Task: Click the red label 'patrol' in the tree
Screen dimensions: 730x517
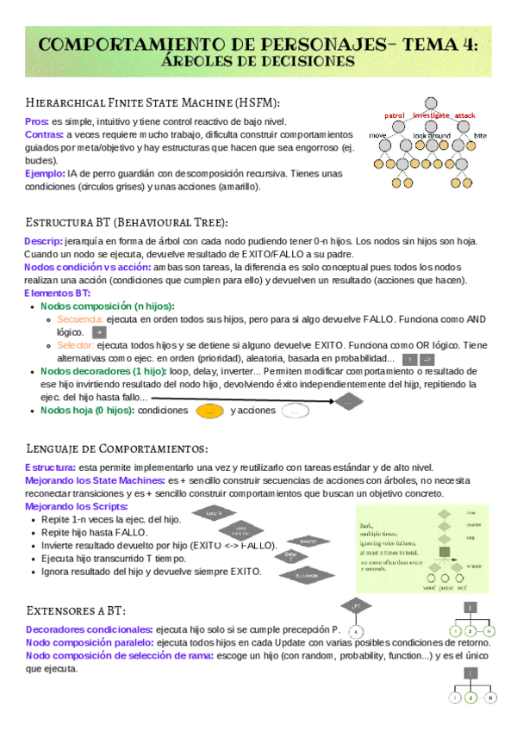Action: (x=394, y=115)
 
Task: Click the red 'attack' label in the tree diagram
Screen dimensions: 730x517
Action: (x=465, y=115)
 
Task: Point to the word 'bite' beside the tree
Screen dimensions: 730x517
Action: (x=480, y=136)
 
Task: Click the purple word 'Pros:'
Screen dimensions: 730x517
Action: (x=37, y=122)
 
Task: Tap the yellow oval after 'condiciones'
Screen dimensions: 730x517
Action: (x=209, y=411)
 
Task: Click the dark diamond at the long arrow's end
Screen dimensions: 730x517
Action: (x=348, y=401)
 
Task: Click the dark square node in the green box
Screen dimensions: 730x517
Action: (x=445, y=551)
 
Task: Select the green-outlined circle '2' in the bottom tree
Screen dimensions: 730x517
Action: (x=470, y=698)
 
